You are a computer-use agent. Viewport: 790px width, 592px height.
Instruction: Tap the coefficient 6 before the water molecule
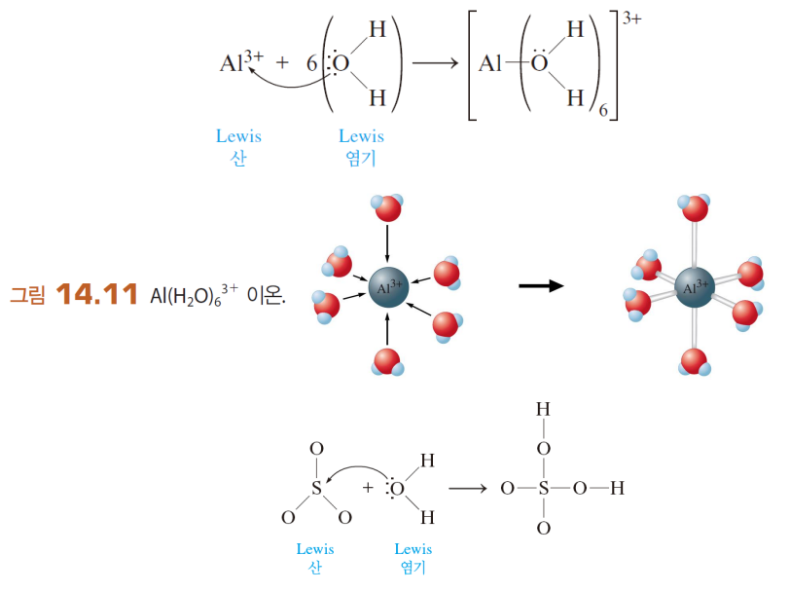click(311, 64)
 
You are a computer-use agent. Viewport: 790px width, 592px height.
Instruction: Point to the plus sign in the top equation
click(282, 64)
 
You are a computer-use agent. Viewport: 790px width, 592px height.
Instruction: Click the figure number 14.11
click(97, 294)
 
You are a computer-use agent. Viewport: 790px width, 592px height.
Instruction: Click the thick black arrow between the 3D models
click(541, 286)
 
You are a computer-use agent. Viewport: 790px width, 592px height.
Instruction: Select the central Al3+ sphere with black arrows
click(388, 287)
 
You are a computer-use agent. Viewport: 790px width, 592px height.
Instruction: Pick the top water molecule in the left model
click(386, 208)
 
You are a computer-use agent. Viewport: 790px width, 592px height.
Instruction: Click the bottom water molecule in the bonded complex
click(694, 362)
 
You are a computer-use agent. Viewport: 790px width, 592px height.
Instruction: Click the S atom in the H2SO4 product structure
click(544, 488)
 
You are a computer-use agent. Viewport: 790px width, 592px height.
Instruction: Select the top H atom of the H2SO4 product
click(544, 410)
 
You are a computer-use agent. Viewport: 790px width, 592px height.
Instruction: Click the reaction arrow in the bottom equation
click(467, 488)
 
